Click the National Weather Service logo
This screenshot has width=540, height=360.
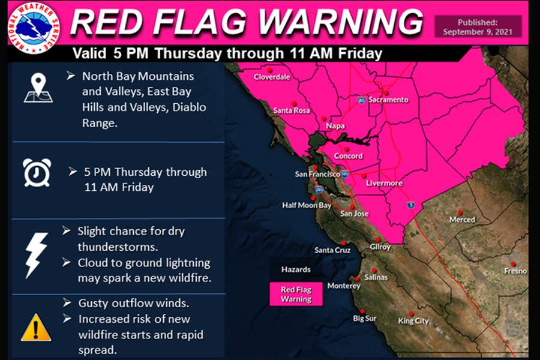click(x=34, y=26)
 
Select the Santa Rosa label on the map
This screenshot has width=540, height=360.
click(x=291, y=110)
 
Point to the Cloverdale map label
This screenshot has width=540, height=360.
click(x=271, y=77)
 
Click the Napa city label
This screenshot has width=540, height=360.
click(x=335, y=126)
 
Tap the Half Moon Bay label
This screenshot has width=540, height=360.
click(x=307, y=205)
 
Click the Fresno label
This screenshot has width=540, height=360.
click(x=515, y=271)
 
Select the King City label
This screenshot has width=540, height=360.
click(x=413, y=321)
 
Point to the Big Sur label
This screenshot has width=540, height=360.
click(x=364, y=318)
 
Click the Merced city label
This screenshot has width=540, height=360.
click(x=462, y=220)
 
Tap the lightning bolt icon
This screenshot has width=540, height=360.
click(x=36, y=254)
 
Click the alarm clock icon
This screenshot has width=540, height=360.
click(x=37, y=173)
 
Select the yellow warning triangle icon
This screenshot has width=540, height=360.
click(x=36, y=327)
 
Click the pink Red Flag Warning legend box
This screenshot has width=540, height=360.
click(x=296, y=294)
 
